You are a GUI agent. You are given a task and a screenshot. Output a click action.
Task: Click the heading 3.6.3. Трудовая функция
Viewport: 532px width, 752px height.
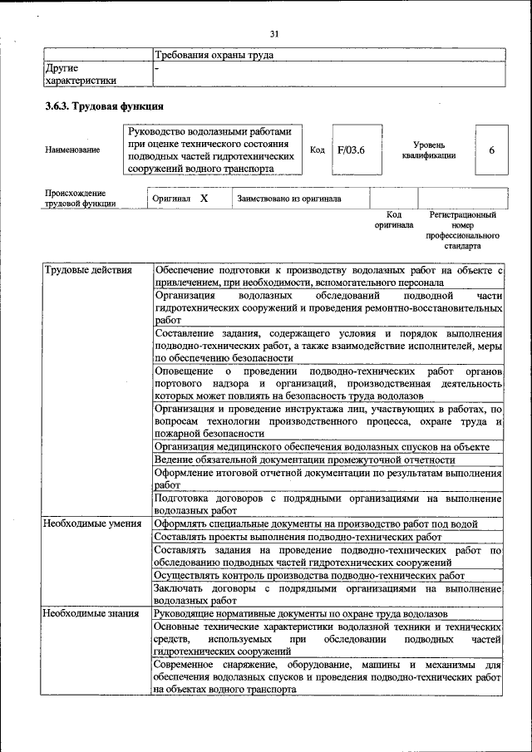(x=104, y=106)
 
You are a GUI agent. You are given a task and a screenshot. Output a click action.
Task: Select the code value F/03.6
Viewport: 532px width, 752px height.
(x=352, y=150)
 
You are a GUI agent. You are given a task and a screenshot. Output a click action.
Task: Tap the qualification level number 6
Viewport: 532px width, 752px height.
(x=491, y=150)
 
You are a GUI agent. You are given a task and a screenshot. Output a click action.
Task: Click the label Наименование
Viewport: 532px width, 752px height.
(x=72, y=150)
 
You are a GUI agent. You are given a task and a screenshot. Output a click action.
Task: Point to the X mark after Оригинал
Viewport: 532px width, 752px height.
(x=204, y=199)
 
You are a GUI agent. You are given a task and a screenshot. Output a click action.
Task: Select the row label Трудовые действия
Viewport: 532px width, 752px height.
(x=87, y=271)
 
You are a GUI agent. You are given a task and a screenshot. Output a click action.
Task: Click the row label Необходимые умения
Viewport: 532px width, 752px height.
(x=92, y=523)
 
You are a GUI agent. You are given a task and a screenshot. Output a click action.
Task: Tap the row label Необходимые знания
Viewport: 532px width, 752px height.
(x=91, y=613)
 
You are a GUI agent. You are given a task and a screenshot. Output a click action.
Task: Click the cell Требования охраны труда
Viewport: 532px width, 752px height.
(x=214, y=56)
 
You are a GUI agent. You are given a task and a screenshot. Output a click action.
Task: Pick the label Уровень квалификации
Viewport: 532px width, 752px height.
(x=428, y=150)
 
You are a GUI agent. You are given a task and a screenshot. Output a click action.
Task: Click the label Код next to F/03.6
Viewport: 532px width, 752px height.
(x=317, y=150)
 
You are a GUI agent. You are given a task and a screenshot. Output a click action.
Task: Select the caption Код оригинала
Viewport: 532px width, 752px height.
(x=393, y=220)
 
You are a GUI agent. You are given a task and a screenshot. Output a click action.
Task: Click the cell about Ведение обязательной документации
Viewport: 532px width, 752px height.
(x=304, y=460)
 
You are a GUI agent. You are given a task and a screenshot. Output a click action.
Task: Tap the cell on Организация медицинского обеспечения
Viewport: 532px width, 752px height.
(x=321, y=446)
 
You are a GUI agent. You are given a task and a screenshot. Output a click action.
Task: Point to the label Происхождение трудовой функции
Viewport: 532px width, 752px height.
(x=81, y=199)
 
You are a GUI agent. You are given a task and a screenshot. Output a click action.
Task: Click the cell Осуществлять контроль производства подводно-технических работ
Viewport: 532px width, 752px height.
(x=309, y=575)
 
